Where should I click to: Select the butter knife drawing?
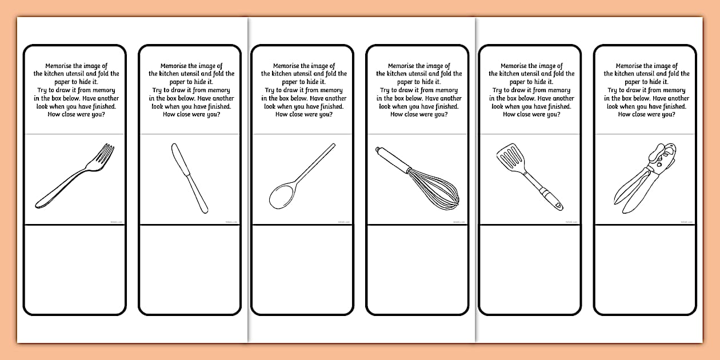tap(189, 178)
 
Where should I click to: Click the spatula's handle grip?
tap(552, 200)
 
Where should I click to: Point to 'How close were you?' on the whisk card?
tap(419, 114)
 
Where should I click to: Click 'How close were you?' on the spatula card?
tap(531, 114)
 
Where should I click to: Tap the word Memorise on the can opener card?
tap(631, 66)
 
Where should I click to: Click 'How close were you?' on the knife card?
tap(191, 114)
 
